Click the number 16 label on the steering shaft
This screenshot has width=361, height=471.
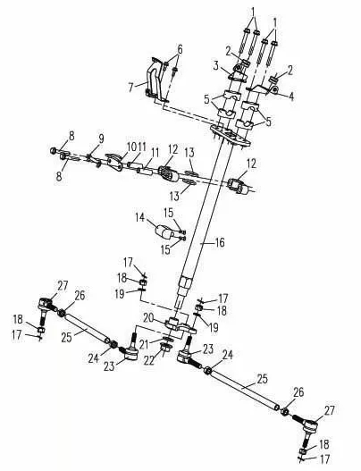point(220,242)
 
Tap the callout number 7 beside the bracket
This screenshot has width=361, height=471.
point(130,88)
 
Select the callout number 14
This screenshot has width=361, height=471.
point(139,217)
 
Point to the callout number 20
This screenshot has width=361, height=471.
point(148,318)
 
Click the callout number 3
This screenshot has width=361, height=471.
point(216,66)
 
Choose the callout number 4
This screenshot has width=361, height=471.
point(291,97)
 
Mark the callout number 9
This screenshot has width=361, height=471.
point(101,139)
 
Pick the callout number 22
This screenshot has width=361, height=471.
point(149,360)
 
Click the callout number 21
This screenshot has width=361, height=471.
point(144,345)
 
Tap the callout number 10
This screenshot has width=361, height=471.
point(131,147)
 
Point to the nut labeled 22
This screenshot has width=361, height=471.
point(165,349)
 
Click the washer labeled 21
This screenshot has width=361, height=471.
point(168,339)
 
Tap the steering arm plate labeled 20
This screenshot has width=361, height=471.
point(180,325)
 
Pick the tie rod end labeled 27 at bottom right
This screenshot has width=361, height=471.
point(309,429)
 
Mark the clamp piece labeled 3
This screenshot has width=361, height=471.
point(238,73)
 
